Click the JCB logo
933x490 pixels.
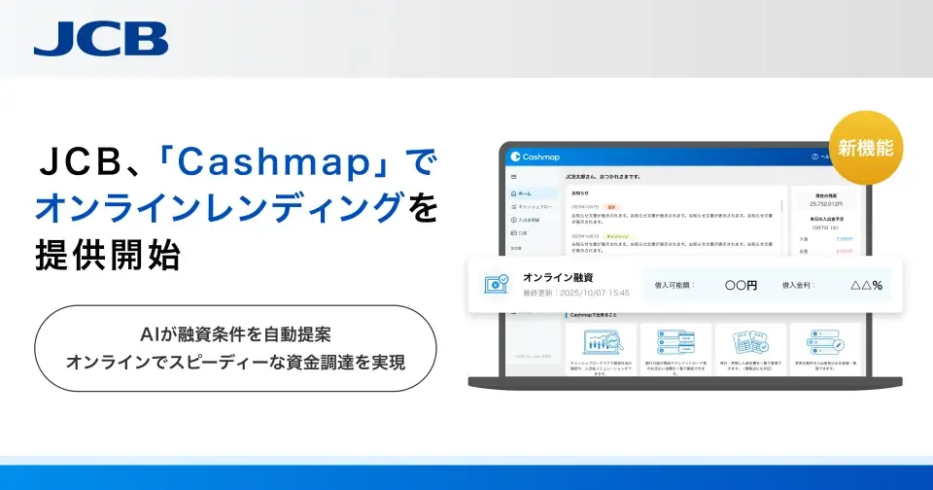tap(100, 38)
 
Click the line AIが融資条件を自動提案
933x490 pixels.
tap(235, 333)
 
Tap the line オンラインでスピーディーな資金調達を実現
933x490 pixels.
tap(235, 362)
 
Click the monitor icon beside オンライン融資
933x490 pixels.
tap(497, 285)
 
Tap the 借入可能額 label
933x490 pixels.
tap(677, 286)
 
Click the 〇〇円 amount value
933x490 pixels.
tap(741, 286)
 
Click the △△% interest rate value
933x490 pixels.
tap(866, 286)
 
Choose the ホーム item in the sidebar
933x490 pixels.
tap(526, 193)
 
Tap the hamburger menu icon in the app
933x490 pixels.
tap(514, 178)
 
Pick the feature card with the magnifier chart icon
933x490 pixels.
tap(600, 350)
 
